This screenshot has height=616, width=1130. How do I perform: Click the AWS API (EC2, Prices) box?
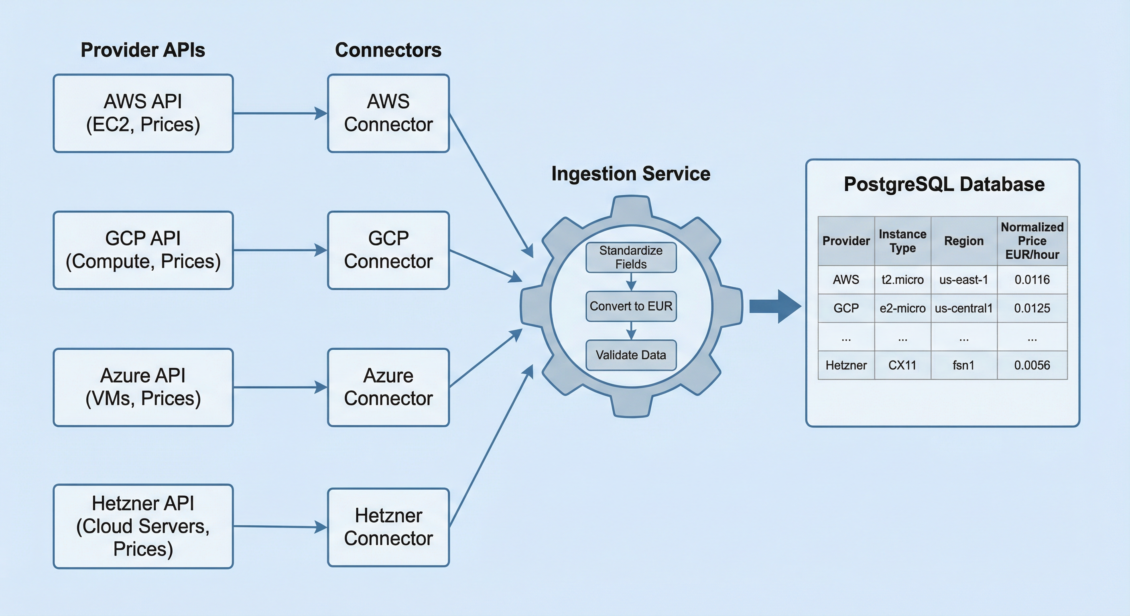[x=143, y=113]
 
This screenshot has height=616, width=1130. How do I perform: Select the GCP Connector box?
[x=388, y=250]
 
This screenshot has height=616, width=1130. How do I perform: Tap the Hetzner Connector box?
[x=388, y=527]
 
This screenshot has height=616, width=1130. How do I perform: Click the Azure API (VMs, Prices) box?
[x=143, y=387]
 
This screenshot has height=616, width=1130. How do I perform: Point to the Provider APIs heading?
[x=142, y=50]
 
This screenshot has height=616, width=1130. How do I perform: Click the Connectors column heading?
[x=388, y=50]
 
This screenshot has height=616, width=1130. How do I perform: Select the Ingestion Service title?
[x=630, y=174]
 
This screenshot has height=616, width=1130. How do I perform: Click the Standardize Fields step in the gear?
[x=631, y=257]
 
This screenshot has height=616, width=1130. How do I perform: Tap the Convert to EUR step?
[x=631, y=306]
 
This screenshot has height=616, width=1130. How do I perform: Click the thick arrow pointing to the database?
[x=774, y=306]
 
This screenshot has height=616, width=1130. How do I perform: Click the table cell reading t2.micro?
[x=902, y=280]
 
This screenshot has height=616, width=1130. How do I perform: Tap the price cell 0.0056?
[x=1032, y=365]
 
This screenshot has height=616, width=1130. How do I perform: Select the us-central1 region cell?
[x=963, y=308]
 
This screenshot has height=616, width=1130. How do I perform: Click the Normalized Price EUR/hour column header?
[x=1032, y=241]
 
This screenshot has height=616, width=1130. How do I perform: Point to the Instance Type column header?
[x=902, y=241]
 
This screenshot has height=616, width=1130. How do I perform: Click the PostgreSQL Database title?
[x=943, y=184]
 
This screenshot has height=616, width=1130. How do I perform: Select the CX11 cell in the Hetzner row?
[x=902, y=365]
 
